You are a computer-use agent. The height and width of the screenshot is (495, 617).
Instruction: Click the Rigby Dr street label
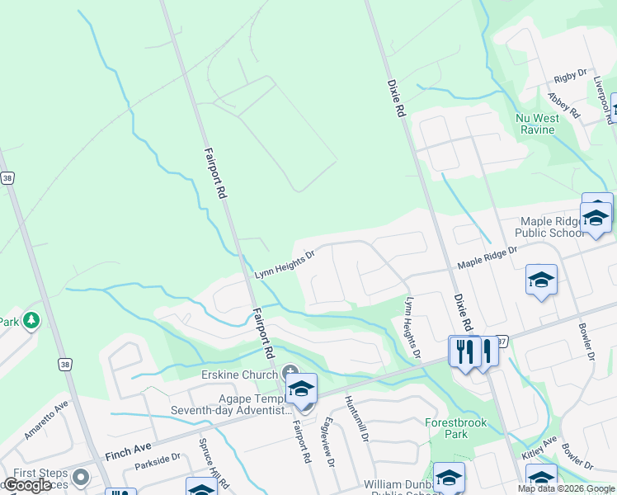(x=570, y=77)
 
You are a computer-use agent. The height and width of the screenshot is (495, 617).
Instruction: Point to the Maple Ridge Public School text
(x=552, y=227)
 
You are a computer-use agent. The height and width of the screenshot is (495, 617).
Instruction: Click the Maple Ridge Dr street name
(x=487, y=257)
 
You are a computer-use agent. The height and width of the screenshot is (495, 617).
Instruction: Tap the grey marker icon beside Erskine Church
(x=290, y=374)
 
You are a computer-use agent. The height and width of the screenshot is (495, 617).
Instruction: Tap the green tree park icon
(x=31, y=320)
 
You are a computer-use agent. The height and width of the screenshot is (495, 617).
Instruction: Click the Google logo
(x=27, y=485)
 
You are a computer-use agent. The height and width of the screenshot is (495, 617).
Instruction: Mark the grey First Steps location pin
(x=80, y=477)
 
